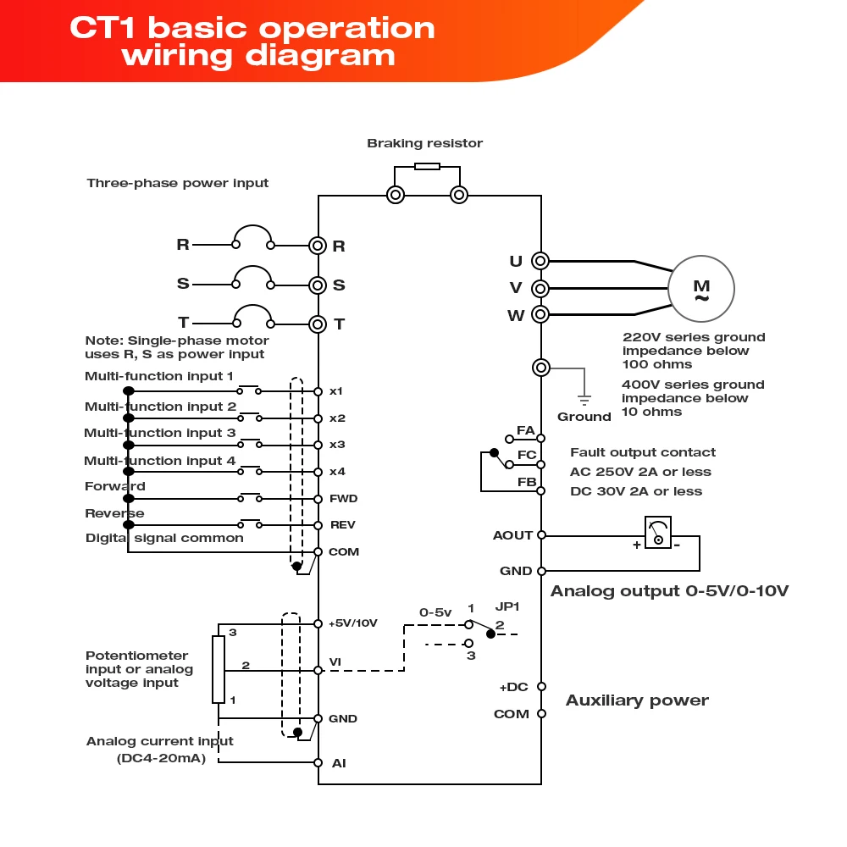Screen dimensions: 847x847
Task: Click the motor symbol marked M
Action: (701, 289)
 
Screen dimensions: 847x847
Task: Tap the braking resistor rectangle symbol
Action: (427, 166)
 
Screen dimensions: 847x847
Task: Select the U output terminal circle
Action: (540, 261)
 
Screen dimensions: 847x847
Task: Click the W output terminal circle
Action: (540, 315)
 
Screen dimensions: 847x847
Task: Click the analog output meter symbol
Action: (657, 533)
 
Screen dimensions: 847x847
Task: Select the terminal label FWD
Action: (343, 499)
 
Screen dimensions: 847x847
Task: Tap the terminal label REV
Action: (342, 525)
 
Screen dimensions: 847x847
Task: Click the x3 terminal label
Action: (337, 445)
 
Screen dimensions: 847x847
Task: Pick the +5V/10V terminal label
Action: (352, 623)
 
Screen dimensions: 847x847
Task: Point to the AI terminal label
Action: (339, 763)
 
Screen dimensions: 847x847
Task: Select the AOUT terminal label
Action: (512, 535)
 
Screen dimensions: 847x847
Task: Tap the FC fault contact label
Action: (526, 456)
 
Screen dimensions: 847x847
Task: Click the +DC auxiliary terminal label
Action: (513, 687)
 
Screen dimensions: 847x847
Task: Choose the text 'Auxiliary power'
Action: (637, 700)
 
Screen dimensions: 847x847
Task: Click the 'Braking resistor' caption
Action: (424, 143)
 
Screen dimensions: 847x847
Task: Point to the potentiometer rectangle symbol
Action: (219, 668)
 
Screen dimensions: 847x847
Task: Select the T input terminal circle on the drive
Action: (318, 324)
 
